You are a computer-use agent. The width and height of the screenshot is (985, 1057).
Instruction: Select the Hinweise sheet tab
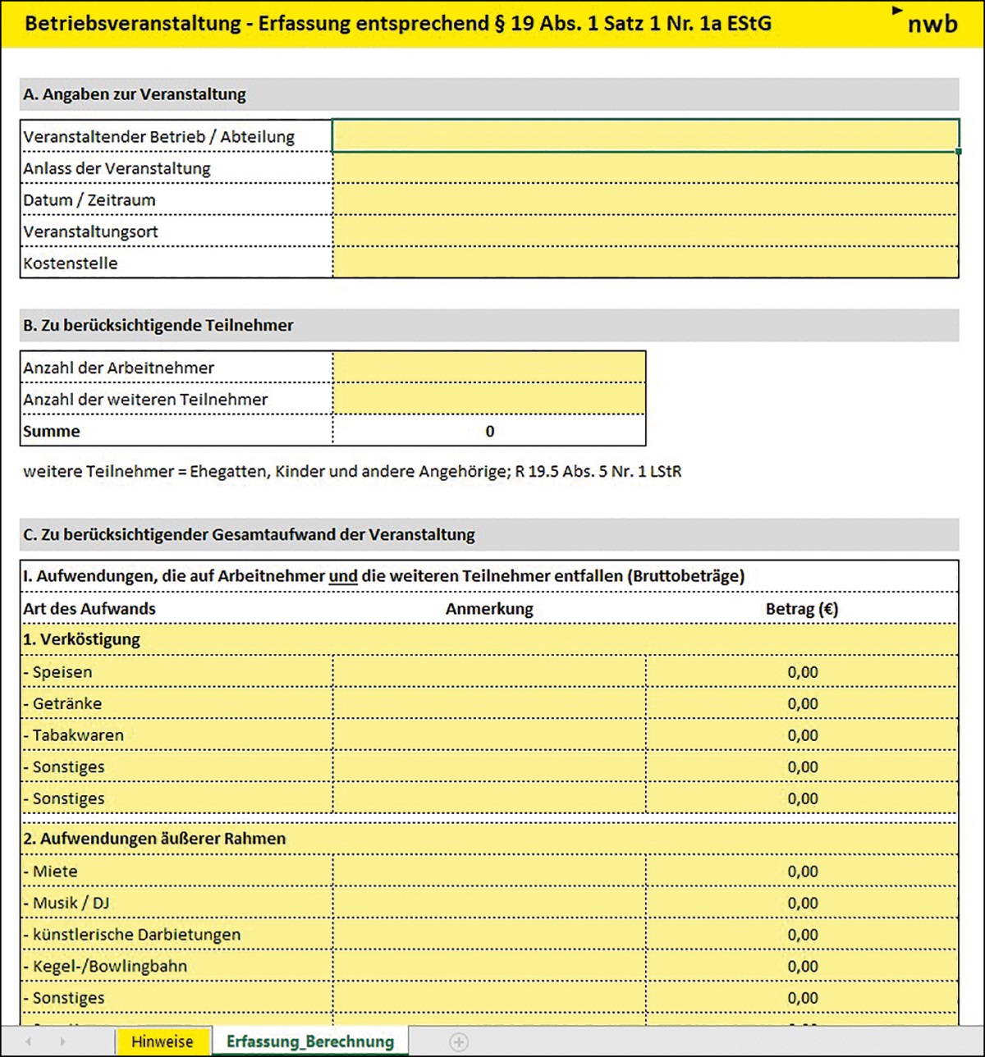162,1041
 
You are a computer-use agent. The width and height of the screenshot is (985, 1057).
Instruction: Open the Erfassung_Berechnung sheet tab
310,1041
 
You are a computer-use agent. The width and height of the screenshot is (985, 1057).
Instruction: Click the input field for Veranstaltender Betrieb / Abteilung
645,136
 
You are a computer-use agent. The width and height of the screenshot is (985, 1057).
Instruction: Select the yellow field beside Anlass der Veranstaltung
645,168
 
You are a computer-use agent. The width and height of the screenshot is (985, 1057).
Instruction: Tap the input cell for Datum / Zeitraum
645,199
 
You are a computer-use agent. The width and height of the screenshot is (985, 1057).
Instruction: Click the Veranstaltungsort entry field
645,231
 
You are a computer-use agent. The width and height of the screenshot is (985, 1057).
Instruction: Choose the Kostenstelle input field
645,263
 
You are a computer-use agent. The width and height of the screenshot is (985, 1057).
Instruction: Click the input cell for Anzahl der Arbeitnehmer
489,368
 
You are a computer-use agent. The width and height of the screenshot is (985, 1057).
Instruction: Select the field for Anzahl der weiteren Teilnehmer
489,400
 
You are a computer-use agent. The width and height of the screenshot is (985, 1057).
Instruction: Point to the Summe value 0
489,432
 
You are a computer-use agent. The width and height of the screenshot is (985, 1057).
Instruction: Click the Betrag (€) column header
802,609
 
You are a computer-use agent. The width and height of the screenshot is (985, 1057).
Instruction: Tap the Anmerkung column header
489,609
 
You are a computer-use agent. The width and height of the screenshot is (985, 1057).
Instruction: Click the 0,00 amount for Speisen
802,672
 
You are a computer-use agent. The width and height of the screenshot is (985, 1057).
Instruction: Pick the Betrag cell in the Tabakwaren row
802,735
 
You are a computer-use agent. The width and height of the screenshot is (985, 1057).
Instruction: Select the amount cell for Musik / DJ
802,903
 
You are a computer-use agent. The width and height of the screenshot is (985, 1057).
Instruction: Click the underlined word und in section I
343,576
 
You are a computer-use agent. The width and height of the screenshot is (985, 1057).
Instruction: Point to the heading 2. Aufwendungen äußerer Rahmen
154,839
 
